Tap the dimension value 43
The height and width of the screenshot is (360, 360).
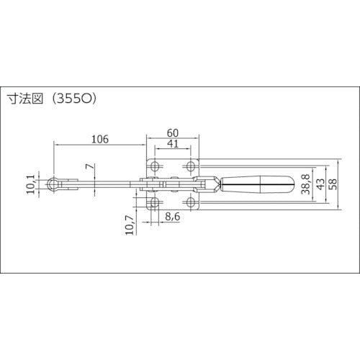point(321,185)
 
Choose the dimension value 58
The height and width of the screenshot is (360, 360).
point(332,185)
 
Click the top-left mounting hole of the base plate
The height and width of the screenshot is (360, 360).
point(153,167)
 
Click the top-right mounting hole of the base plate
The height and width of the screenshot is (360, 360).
point(191,167)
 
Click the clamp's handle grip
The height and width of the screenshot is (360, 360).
point(259,186)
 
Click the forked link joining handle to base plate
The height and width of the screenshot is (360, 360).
point(212,186)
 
